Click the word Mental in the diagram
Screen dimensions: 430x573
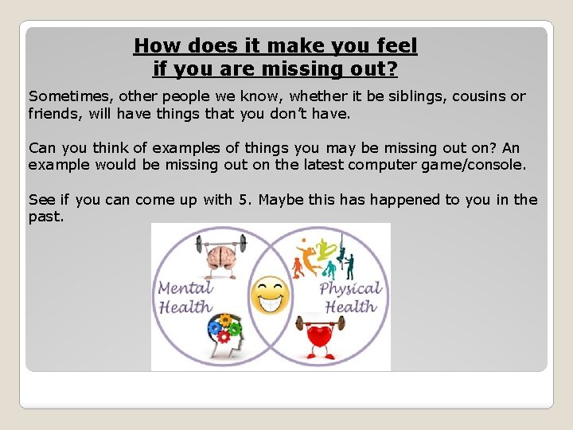pyautogui.click(x=185, y=288)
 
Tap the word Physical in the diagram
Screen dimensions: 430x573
pyautogui.click(x=350, y=288)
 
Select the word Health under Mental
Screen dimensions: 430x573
pyautogui.click(x=185, y=307)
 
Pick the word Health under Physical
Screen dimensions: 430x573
pyautogui.click(x=350, y=307)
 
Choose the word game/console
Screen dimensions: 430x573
pyautogui.click(x=477, y=164)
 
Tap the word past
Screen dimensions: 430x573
pyautogui.click(x=45, y=217)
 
